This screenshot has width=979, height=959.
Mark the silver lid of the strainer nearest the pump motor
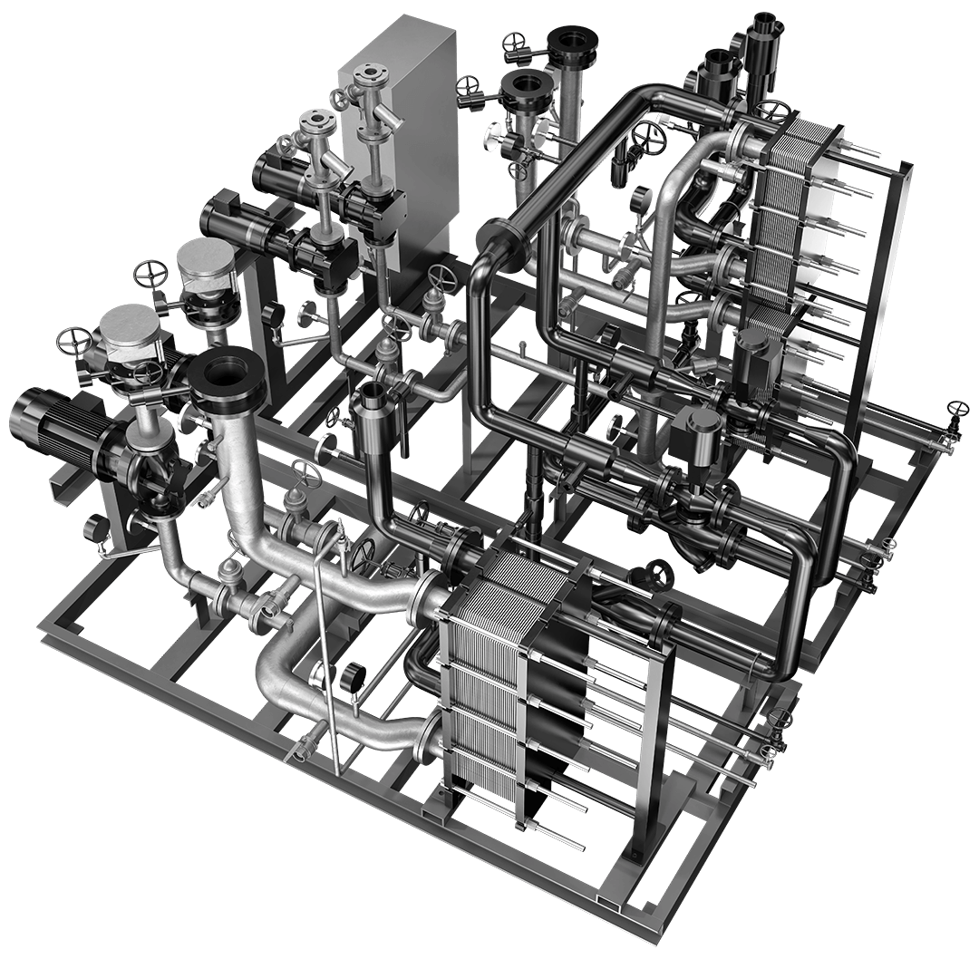coord(129,328)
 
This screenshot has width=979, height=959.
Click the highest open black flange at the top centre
coord(572,41)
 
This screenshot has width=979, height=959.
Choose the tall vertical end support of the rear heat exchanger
coord(884,290)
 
